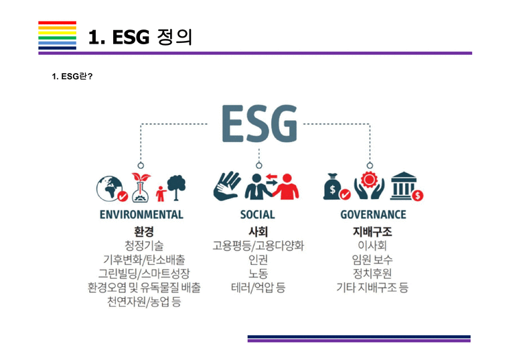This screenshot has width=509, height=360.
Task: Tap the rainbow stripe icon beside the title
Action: [x=57, y=35]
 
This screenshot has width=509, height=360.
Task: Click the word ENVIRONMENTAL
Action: [x=141, y=215]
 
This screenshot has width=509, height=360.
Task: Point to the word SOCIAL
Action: [x=258, y=215]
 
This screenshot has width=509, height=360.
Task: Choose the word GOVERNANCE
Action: [x=373, y=215]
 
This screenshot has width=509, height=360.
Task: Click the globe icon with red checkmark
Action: [x=112, y=188]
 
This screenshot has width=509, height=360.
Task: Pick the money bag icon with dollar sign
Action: [x=335, y=188]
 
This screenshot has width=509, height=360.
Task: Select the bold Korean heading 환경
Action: [x=144, y=232]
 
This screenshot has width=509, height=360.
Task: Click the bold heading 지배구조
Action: [x=372, y=232]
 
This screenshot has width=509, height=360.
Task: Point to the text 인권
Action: [x=258, y=259]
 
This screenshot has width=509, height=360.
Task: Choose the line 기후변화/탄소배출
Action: [x=144, y=259]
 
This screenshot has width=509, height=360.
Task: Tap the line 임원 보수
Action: [x=372, y=259]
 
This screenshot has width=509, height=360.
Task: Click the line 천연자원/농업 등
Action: [x=144, y=302]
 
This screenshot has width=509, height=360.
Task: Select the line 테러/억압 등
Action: [x=258, y=288]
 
